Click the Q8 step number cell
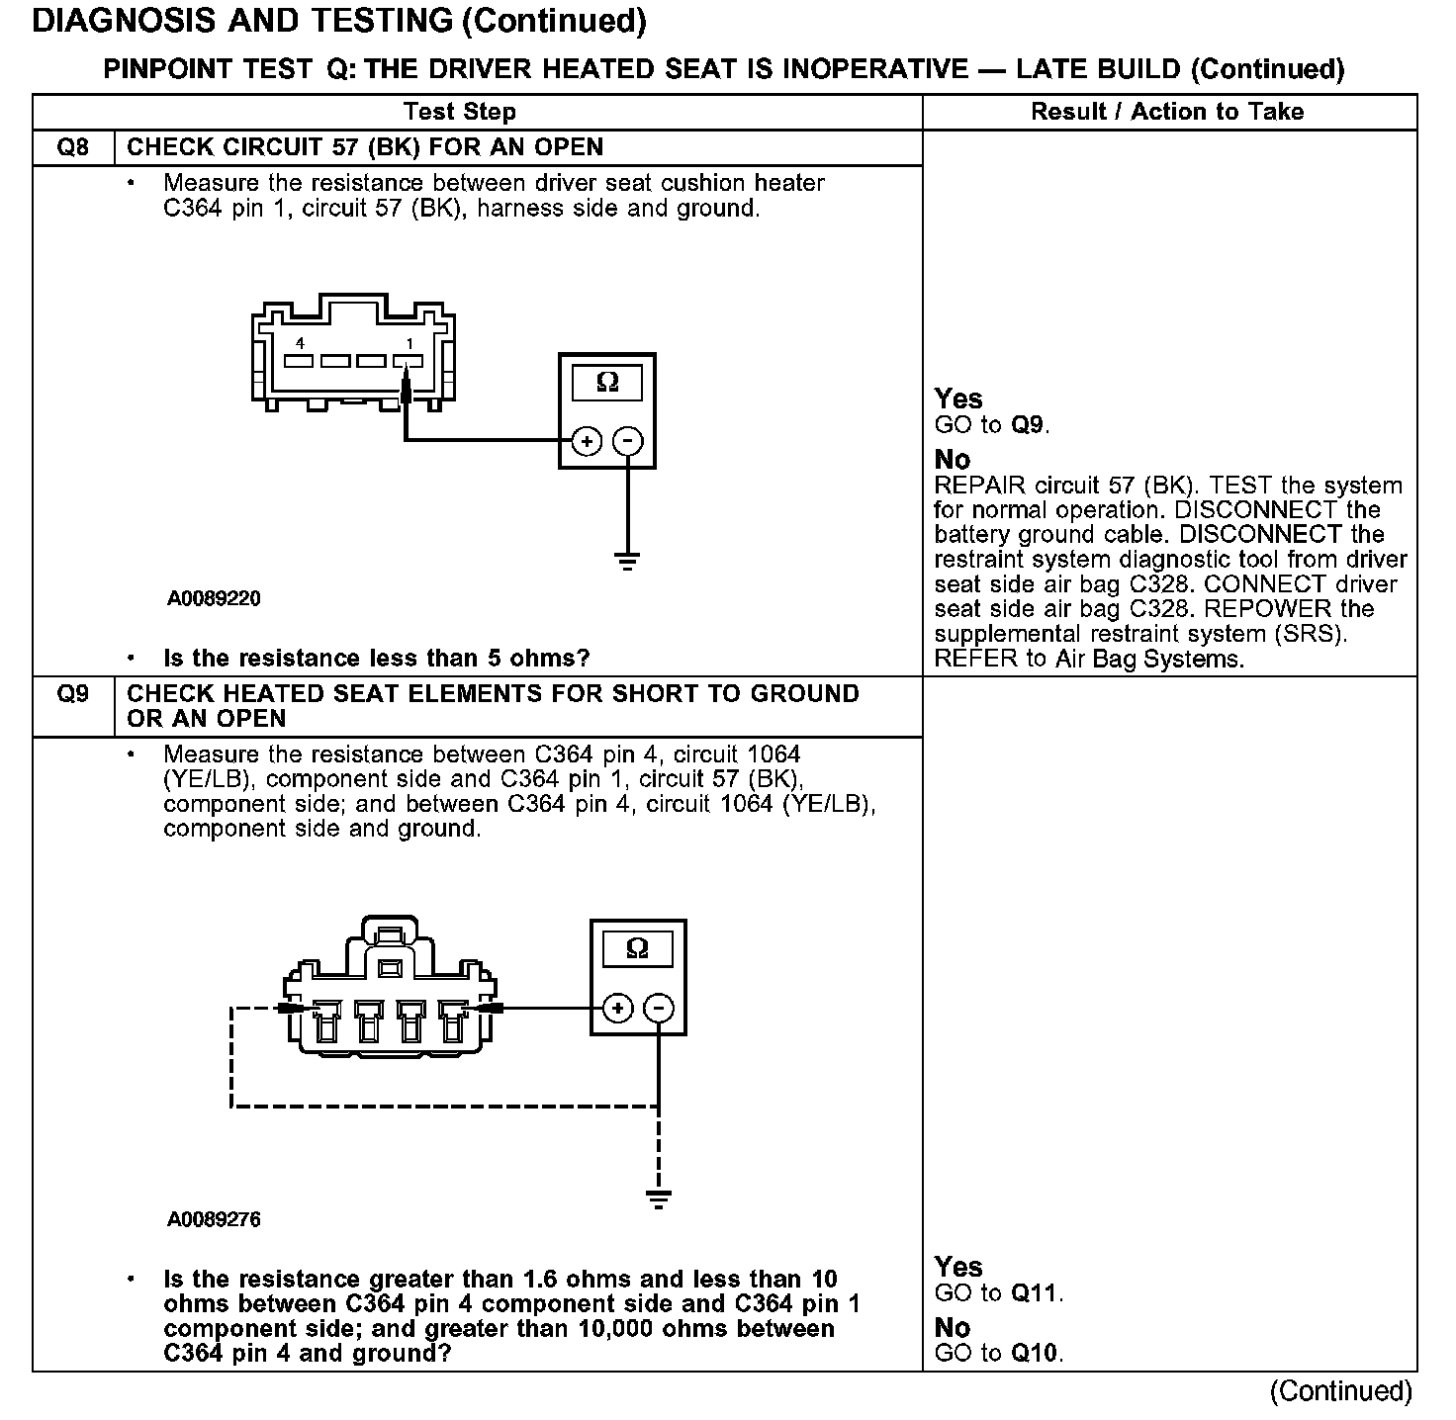[73, 147]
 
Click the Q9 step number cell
[73, 694]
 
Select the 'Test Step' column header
[459, 112]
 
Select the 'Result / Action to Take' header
[1167, 112]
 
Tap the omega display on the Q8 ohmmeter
[607, 383]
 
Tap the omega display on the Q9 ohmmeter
[638, 949]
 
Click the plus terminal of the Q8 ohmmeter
[587, 441]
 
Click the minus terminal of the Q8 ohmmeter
[628, 441]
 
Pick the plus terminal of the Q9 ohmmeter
[617, 1009]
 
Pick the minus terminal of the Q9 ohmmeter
[659, 1009]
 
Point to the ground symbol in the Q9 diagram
[659, 1200]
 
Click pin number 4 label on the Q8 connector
[300, 343]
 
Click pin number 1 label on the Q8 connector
[409, 343]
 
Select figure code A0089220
[214, 598]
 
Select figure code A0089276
[214, 1219]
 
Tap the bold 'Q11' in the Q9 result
[1036, 1292]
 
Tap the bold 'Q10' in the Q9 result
[1036, 1353]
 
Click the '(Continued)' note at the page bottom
[1340, 1390]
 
